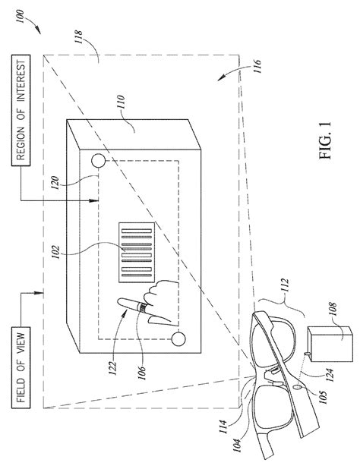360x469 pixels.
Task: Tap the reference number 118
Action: [79, 36]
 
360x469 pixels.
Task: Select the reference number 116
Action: [257, 66]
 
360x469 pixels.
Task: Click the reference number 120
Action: [55, 182]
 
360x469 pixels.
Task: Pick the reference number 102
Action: [56, 253]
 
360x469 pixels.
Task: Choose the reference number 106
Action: [142, 373]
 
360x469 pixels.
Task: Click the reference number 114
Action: [223, 427]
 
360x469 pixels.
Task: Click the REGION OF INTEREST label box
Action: [21, 110]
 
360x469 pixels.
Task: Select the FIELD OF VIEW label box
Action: [21, 367]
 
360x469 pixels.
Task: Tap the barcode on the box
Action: [137, 252]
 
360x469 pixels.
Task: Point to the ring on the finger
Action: [143, 308]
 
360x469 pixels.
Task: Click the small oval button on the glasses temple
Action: [298, 387]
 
